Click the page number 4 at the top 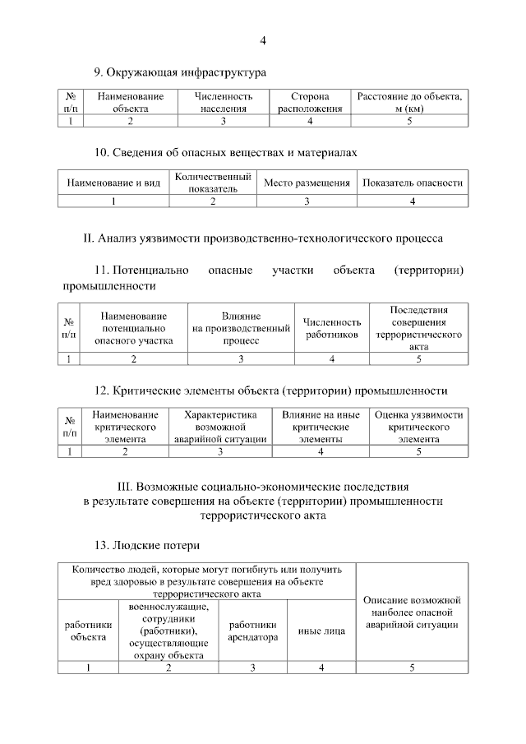click(263, 41)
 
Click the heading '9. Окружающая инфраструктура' click(181, 73)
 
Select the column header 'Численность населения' click(222, 102)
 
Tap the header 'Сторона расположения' click(310, 102)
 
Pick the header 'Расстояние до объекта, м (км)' click(409, 102)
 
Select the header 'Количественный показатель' click(213, 183)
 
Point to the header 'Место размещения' click(307, 183)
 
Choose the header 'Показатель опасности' click(413, 183)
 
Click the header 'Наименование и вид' click(113, 183)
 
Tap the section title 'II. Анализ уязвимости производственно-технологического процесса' click(263, 238)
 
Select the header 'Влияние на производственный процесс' click(241, 328)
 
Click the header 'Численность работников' click(332, 328)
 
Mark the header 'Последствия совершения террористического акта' click(418, 328)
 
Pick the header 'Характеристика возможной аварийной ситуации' click(221, 427)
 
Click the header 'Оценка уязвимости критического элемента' click(418, 427)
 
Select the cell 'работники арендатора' click(252, 631)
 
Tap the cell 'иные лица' click(321, 631)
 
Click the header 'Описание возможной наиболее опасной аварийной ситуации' click(412, 612)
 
